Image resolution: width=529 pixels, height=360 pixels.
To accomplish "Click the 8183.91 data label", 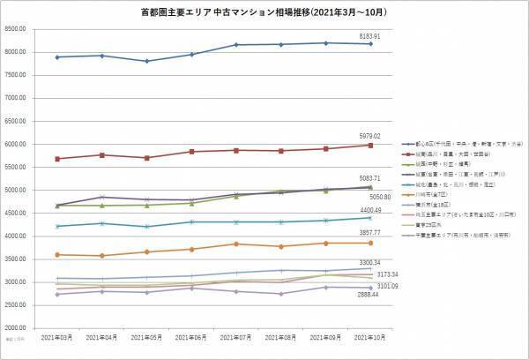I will point(369,35).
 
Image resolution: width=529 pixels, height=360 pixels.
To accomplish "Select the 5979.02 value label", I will point(369,136).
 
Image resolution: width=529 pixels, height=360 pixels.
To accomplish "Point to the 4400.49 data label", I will point(369,210).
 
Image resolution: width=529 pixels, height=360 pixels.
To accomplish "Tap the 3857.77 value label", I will point(369,231).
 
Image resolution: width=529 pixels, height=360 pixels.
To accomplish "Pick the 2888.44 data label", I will point(369,294).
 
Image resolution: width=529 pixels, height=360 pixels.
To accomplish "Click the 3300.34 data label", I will point(369,263).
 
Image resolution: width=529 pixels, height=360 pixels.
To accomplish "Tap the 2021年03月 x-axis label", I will point(57,339).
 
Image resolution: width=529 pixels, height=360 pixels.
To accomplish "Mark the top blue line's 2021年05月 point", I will point(147,61).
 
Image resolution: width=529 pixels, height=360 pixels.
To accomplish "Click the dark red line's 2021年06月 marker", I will point(193,152).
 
